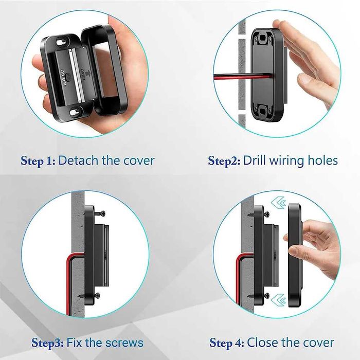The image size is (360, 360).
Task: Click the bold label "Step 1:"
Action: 38,160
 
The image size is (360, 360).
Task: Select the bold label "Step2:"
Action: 224,161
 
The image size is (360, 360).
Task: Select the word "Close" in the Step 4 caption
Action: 263,343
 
